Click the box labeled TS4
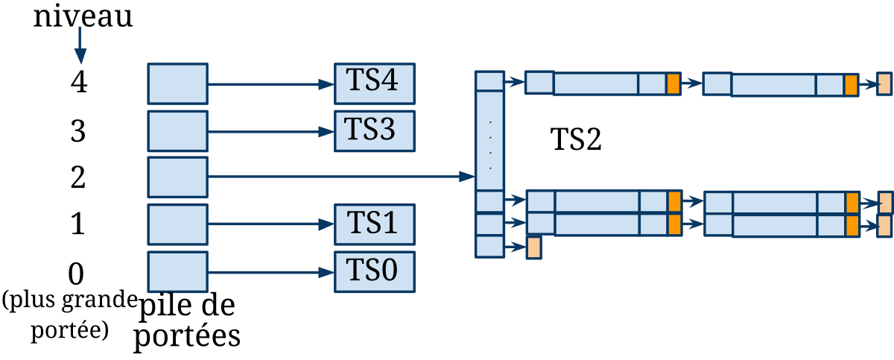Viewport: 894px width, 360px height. click(x=374, y=83)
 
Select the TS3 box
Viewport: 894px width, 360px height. click(x=374, y=130)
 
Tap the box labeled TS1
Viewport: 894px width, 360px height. click(x=374, y=223)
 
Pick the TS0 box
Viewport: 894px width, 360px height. click(x=374, y=271)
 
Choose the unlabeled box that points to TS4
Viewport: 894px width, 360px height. click(x=177, y=83)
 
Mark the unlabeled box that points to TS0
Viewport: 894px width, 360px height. click(x=177, y=271)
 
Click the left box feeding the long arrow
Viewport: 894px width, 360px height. click(x=177, y=177)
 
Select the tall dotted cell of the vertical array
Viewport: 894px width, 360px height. click(x=489, y=140)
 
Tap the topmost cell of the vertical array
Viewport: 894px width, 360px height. click(x=489, y=80)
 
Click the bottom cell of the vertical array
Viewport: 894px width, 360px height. click(x=489, y=247)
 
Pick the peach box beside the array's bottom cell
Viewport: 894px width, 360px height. click(x=533, y=247)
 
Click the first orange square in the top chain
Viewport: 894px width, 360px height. click(x=673, y=83)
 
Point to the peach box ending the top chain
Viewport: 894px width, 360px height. click(x=884, y=83)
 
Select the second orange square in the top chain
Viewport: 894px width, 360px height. click(x=851, y=84)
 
